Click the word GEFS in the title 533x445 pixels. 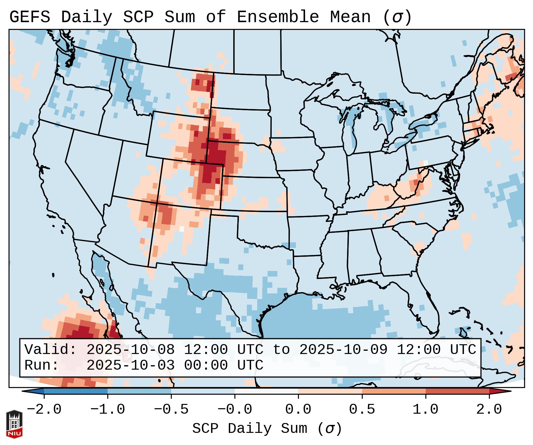pos(30,17)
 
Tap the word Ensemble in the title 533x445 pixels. pos(278,17)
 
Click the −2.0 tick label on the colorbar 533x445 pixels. pos(44,410)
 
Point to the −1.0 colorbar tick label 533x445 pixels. pos(108,410)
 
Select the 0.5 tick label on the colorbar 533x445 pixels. pos(362,410)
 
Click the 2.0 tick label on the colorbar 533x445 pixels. pos(489,410)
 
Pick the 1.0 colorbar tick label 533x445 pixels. pos(426,410)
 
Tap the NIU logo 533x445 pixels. pos(14,424)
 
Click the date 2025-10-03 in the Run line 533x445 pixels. pos(130,365)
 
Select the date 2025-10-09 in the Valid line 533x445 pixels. pos(343,350)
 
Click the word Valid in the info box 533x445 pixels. pos(50,350)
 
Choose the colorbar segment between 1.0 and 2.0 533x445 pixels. pos(457,391)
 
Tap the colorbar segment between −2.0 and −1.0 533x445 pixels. pos(76,391)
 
